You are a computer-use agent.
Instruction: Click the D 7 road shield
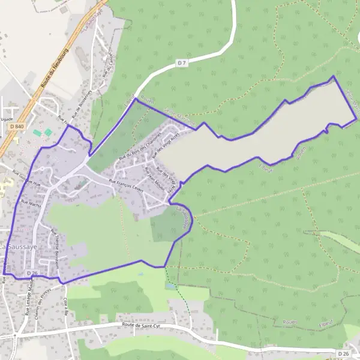pos(182,62)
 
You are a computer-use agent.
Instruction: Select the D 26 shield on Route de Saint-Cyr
pos(343,353)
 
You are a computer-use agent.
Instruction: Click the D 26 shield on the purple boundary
pos(32,273)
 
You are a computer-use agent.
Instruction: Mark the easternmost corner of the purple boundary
pos(357,119)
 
